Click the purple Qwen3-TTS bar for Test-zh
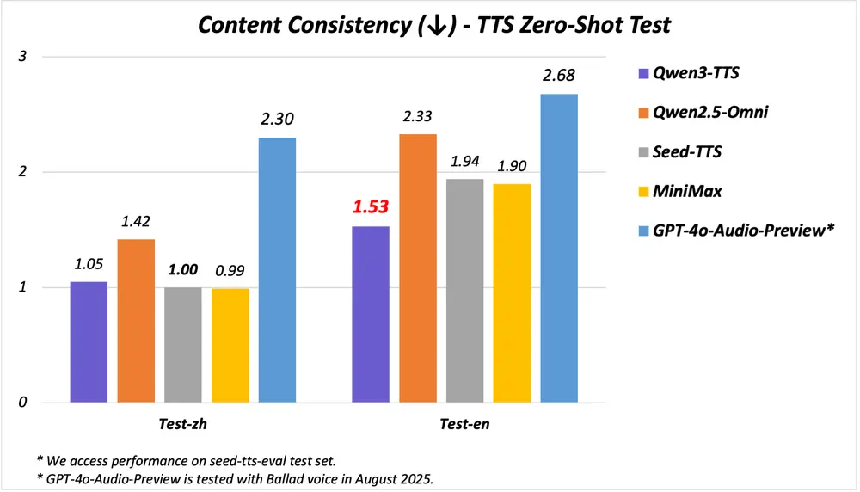89,341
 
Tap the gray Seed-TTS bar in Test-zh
183,344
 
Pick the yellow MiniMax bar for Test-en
511,292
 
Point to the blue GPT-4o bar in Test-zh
277,269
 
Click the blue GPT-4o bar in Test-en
558,248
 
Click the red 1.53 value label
370,207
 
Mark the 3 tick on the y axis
23,57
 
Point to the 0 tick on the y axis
23,402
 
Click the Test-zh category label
183,424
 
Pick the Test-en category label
464,424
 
